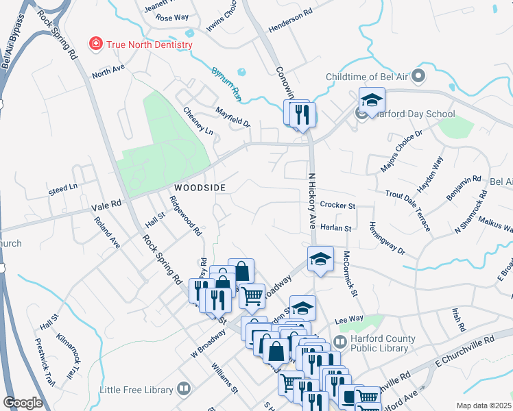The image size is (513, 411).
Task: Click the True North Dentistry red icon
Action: point(97,45)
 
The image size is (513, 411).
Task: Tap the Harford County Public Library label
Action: point(383,343)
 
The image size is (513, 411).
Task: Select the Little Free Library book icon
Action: point(183,390)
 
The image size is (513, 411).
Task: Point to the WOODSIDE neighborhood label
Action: point(199,187)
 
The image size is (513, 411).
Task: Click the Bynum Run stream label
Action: point(226,82)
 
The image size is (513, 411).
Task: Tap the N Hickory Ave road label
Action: point(313,200)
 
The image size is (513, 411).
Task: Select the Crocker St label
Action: point(337,206)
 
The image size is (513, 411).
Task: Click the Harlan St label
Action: point(335,228)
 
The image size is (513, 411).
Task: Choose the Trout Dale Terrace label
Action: point(408,212)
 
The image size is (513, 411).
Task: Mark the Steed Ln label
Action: point(63,188)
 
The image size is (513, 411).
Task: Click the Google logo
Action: point(23,403)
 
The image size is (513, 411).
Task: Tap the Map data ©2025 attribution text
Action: point(484,406)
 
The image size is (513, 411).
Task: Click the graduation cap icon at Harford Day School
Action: point(371,101)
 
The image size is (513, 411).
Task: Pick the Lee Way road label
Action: point(348,319)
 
